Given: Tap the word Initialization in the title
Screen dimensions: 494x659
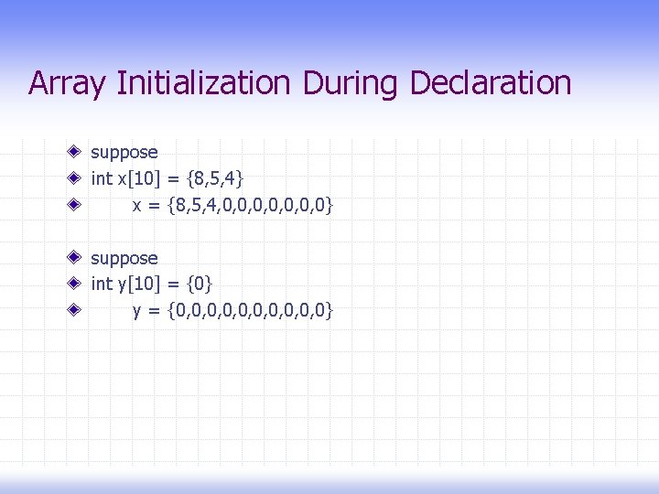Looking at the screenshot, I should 203,84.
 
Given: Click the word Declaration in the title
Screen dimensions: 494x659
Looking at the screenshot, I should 491,84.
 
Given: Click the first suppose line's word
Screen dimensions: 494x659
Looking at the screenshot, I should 124,152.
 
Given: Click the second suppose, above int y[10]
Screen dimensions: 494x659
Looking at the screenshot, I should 124,259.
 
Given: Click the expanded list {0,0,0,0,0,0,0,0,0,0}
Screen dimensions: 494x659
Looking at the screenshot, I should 251,312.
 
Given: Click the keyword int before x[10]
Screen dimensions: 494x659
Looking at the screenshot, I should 101,178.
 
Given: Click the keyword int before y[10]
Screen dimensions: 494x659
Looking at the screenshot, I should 101,285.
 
